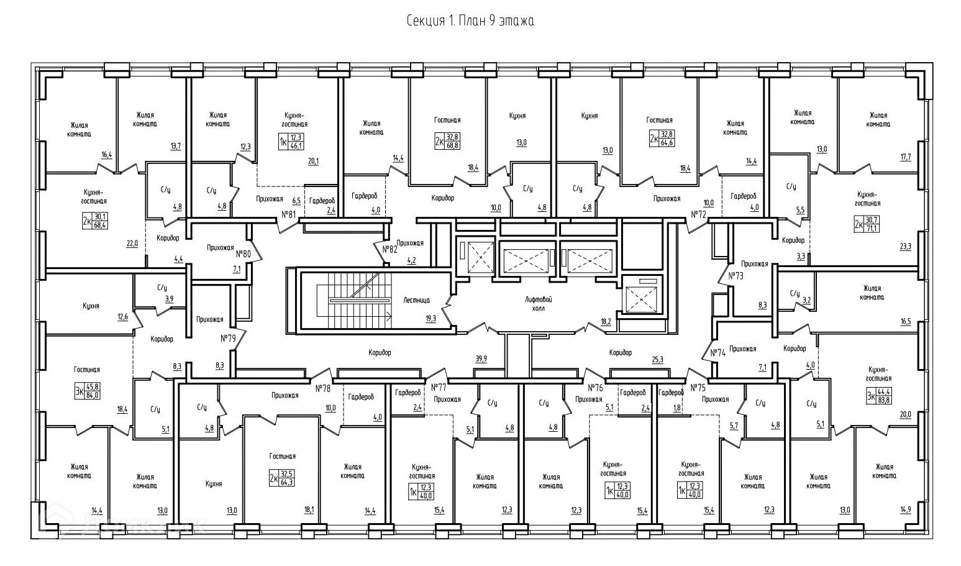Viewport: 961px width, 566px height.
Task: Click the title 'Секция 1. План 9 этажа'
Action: coord(470,21)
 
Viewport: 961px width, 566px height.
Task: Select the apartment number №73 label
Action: coord(736,275)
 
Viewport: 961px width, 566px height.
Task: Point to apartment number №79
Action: coord(228,339)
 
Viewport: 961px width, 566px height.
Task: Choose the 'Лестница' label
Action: coord(416,299)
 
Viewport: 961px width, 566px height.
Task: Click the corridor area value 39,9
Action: coord(481,359)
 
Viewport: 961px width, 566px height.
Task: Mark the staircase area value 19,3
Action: coord(430,318)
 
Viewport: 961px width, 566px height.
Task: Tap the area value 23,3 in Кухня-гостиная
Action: coord(904,246)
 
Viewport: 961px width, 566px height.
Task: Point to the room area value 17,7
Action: coord(904,157)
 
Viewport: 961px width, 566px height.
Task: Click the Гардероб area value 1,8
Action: coord(676,408)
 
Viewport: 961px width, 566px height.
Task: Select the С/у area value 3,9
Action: coord(169,299)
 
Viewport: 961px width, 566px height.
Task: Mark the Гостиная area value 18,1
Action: coord(309,511)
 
